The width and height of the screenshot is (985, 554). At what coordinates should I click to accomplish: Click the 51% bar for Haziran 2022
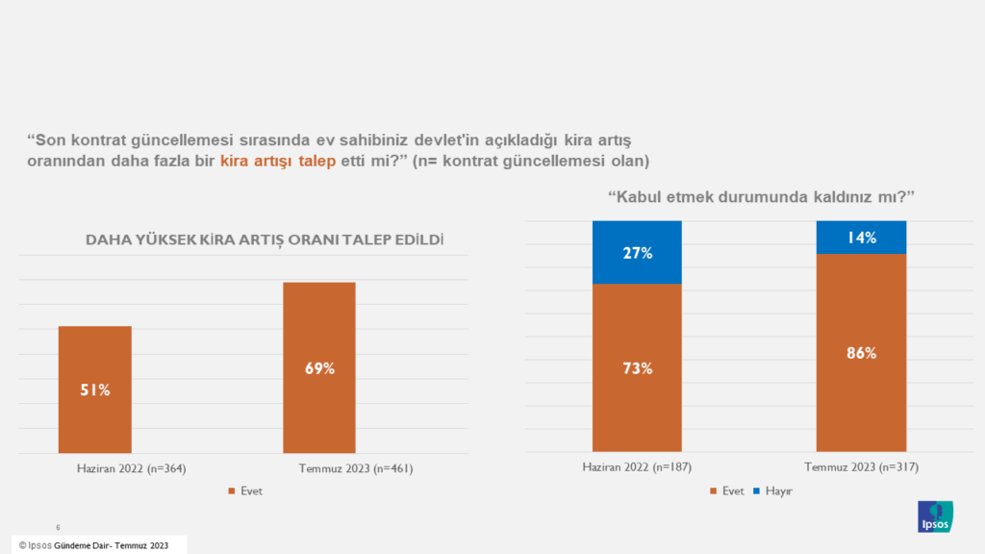[x=94, y=390]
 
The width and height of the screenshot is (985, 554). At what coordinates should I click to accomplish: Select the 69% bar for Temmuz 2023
[x=318, y=367]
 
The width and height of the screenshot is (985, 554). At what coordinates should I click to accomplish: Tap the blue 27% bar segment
[x=637, y=253]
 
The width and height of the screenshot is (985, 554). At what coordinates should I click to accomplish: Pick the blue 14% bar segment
[x=861, y=238]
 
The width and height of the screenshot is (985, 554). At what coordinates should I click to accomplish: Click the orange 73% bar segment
[x=637, y=367]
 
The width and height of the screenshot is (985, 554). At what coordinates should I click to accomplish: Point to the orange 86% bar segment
[x=861, y=352]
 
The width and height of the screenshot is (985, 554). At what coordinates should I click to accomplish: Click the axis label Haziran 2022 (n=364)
[x=131, y=468]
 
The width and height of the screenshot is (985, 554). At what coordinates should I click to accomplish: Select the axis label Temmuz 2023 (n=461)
[x=354, y=468]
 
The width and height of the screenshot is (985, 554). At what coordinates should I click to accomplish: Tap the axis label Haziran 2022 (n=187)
[x=637, y=468]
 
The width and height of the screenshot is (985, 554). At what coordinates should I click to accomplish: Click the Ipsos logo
[x=936, y=516]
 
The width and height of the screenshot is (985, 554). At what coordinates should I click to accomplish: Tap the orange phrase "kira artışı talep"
[x=278, y=160]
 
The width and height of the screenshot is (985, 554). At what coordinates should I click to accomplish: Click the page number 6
[x=59, y=527]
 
